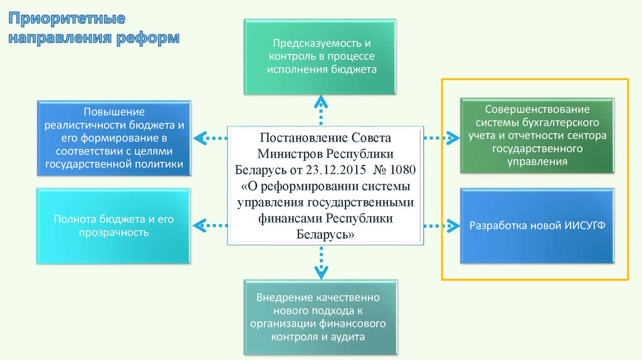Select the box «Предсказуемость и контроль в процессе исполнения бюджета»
(x=322, y=57)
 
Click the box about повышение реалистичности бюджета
(x=113, y=136)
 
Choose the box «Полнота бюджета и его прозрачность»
(x=113, y=226)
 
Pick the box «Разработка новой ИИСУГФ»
(x=537, y=225)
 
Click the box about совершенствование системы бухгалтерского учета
(x=537, y=135)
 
